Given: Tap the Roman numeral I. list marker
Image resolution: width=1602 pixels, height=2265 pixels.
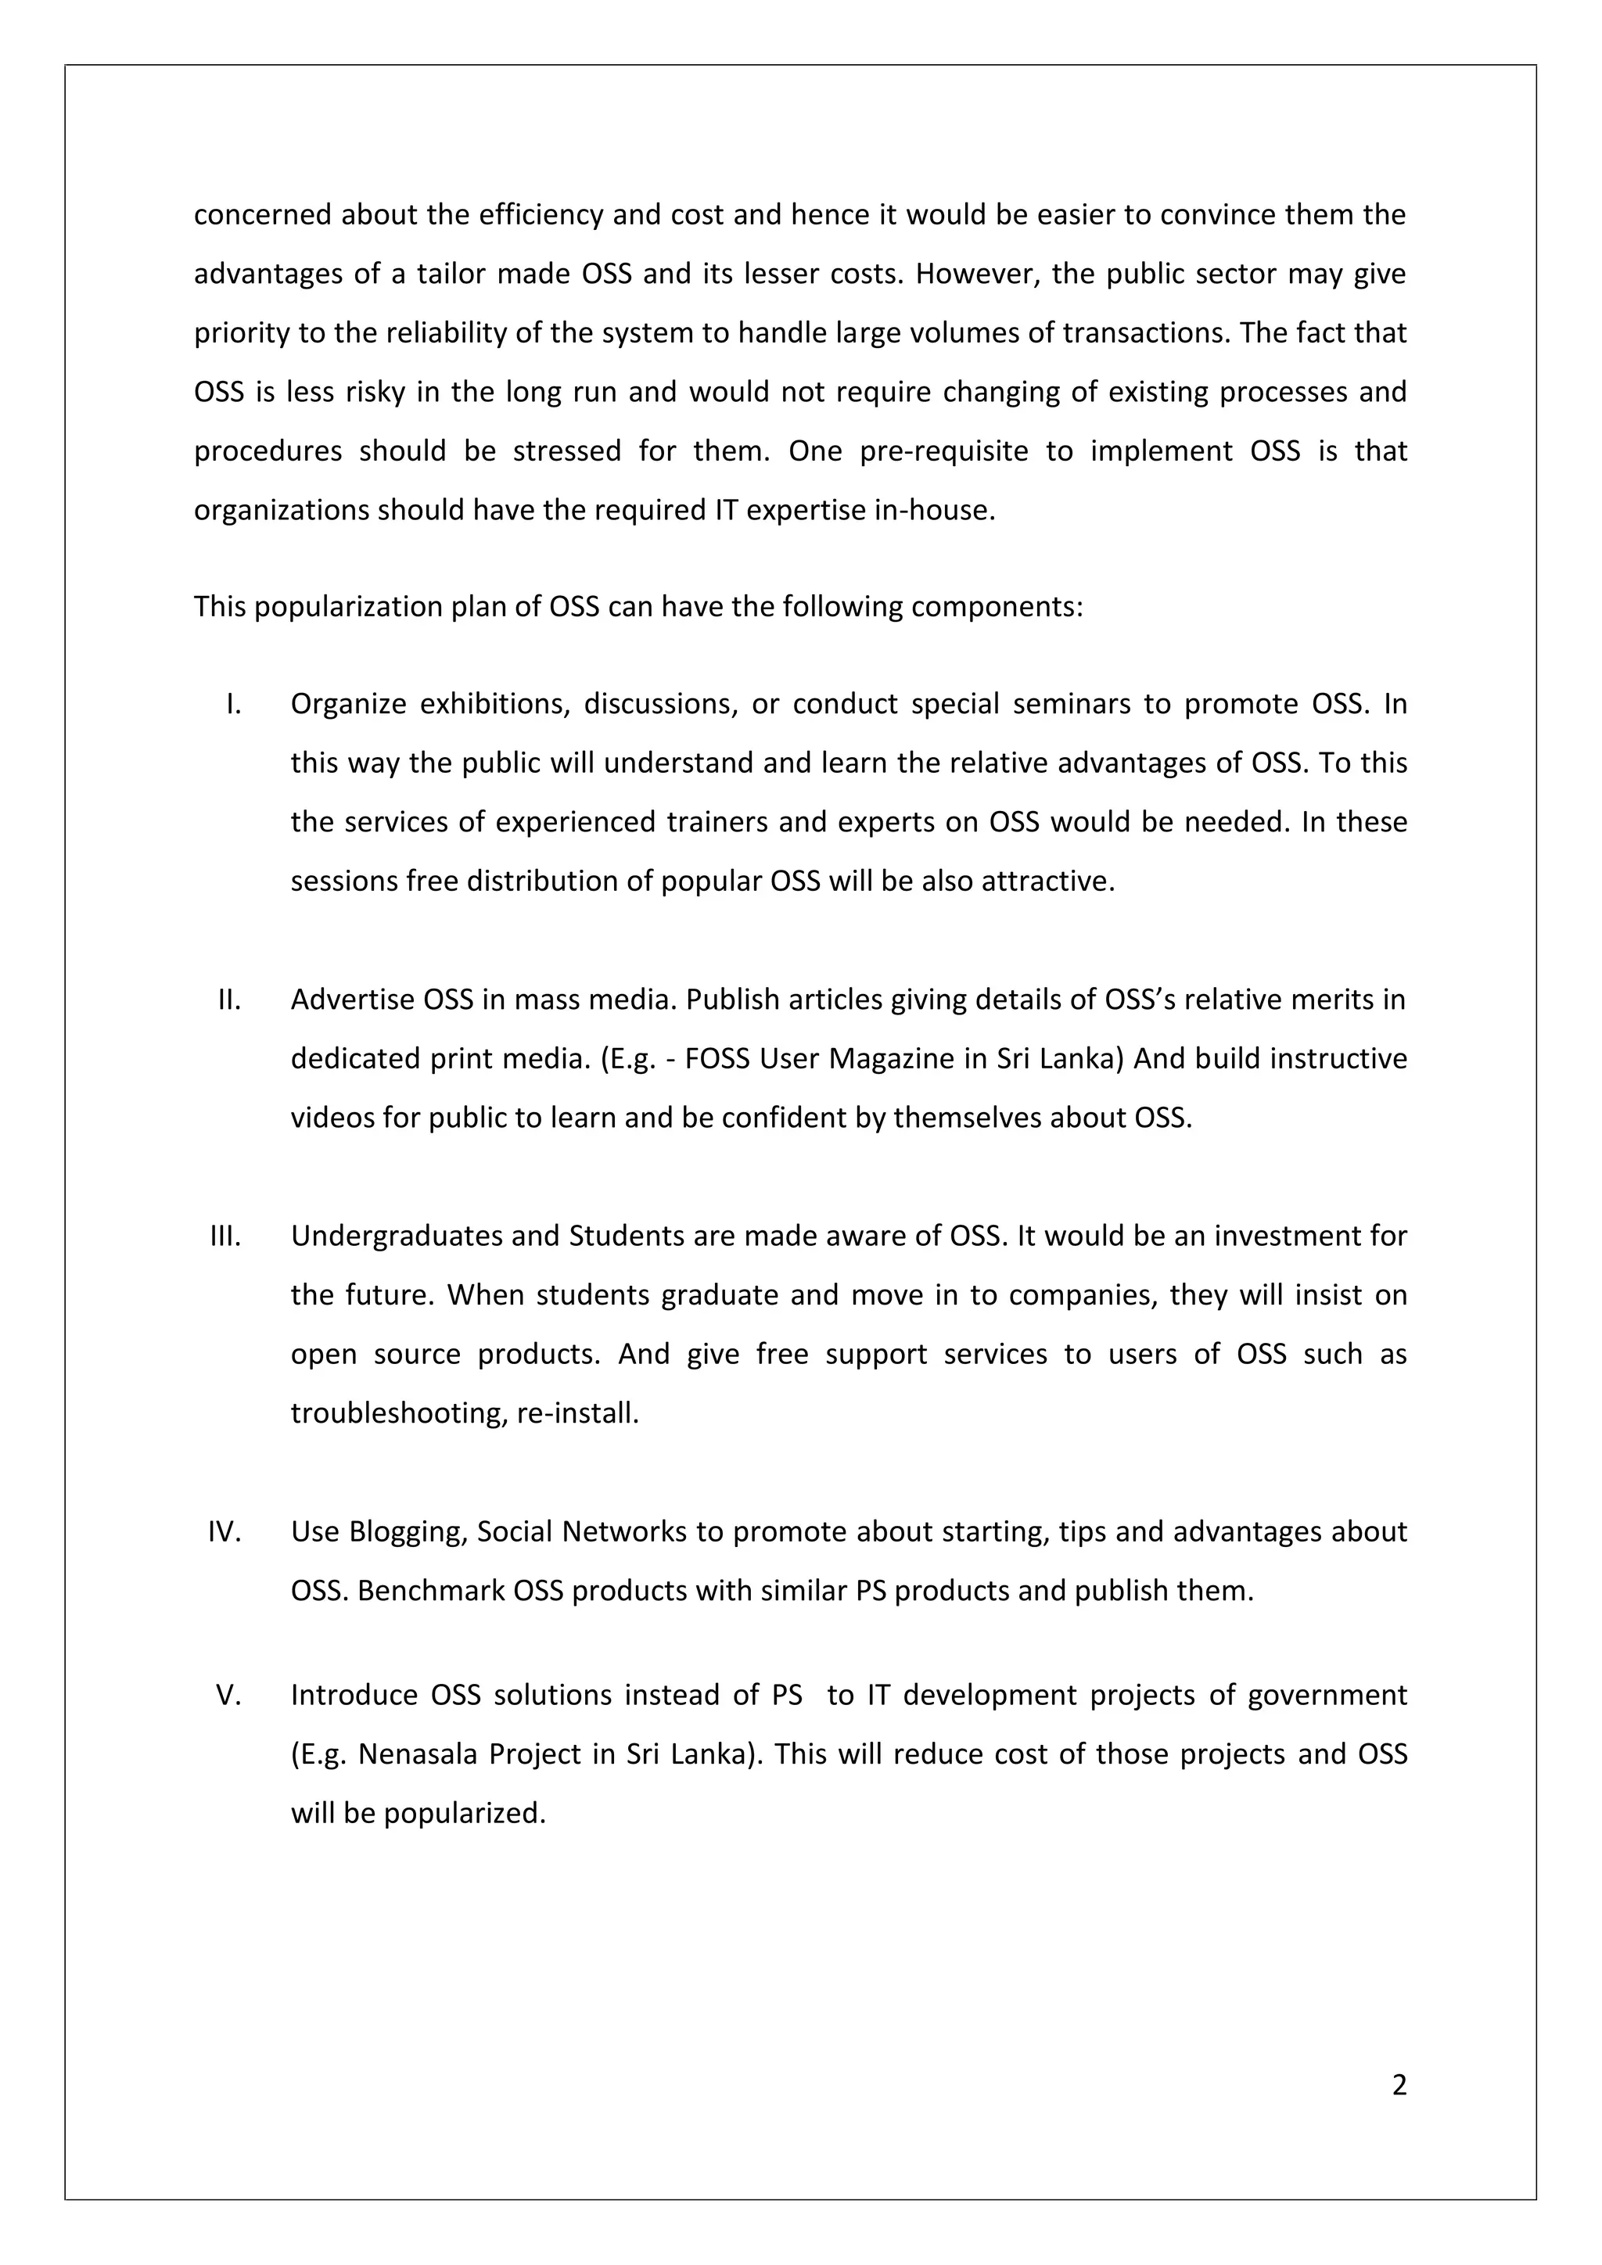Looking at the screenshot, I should point(234,705).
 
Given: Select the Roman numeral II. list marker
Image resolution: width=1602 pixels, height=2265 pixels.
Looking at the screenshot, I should point(230,1000).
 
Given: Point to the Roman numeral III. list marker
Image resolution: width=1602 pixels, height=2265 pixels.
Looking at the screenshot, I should point(226,1236).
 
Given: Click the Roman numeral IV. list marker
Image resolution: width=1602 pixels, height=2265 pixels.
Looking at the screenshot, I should point(225,1531).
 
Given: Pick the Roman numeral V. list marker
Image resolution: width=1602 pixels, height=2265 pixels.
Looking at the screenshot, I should point(229,1695).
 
